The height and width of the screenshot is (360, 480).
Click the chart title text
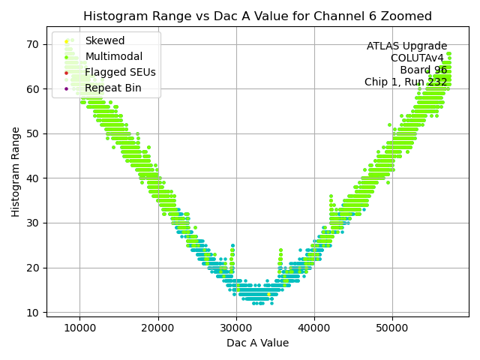tap(257, 16)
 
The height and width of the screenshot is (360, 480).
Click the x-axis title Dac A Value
tap(257, 343)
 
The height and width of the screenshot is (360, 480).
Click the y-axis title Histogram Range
tap(16, 172)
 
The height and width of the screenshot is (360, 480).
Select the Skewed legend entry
tap(105, 40)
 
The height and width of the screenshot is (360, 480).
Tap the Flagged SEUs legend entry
tap(120, 72)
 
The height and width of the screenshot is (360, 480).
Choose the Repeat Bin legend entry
tap(112, 88)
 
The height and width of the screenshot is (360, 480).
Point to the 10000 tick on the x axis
tap(79, 327)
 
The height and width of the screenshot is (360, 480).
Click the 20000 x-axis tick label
tap(157, 327)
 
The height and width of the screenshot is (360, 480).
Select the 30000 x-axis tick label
tap(235, 327)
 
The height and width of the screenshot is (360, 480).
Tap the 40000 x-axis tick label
tap(313, 327)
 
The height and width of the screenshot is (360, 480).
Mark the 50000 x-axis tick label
tap(391, 327)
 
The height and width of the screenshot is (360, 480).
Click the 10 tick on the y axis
tap(33, 312)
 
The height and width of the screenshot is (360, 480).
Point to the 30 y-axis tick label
tap(33, 223)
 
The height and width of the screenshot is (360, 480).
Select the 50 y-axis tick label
tap(33, 133)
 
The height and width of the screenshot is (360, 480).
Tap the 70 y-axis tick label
tap(33, 44)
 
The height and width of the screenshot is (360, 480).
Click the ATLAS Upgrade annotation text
tap(406, 46)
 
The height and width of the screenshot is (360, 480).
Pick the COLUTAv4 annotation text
tap(418, 58)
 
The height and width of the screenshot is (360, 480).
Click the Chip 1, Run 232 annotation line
tap(406, 82)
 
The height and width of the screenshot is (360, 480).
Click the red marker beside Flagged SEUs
tap(66, 73)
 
